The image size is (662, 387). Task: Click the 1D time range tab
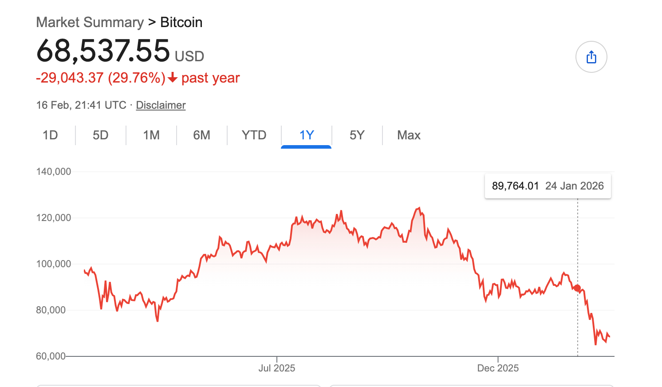pos(50,135)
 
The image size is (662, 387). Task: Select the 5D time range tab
pos(101,135)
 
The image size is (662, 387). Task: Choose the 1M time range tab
pos(151,135)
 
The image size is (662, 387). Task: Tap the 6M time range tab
pos(202,135)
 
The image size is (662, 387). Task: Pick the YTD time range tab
pos(254,135)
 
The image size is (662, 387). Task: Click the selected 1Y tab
pos(307,135)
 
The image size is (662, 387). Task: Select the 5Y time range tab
pos(357,135)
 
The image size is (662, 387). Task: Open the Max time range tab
pos(409,135)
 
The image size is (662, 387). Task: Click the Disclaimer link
pos(161,105)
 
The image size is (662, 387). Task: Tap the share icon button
pos(591,57)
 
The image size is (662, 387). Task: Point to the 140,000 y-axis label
pos(54,172)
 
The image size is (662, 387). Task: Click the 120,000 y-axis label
pos(54,218)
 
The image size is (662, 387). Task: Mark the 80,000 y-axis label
pos(51,310)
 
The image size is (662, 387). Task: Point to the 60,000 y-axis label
pos(51,356)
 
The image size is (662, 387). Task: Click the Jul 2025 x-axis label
pos(277,368)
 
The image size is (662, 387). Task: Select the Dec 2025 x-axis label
pos(498,368)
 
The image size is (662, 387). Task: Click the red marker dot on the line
pos(577,288)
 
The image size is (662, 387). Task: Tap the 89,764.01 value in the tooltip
pos(515,186)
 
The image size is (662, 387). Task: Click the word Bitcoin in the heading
pos(181,22)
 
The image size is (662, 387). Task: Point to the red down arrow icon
pos(173,79)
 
